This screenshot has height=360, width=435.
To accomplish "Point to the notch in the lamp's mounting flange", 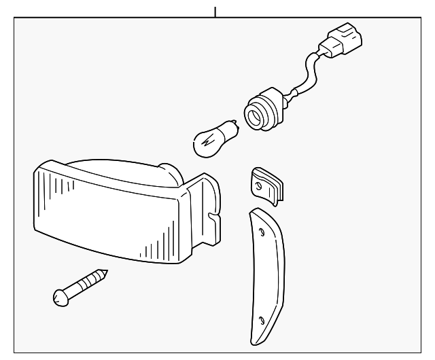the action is [x=213, y=219].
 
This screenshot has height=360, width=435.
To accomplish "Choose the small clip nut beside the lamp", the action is [x=266, y=185].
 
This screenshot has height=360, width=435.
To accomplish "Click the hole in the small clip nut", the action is [x=259, y=182].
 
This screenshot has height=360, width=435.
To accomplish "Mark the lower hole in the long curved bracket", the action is [x=262, y=319].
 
